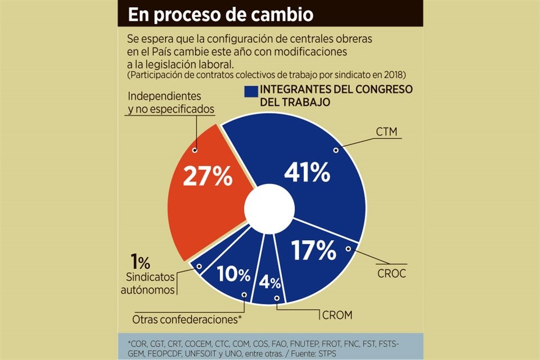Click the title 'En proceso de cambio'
[x=220, y=14]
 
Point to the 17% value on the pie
[x=313, y=251]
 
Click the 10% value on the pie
[x=235, y=276]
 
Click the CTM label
[x=386, y=132]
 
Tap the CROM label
[x=337, y=315]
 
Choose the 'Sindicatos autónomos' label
[x=148, y=284]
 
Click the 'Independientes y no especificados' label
[x=171, y=102]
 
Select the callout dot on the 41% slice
[x=335, y=150]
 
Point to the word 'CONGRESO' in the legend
[x=384, y=89]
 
